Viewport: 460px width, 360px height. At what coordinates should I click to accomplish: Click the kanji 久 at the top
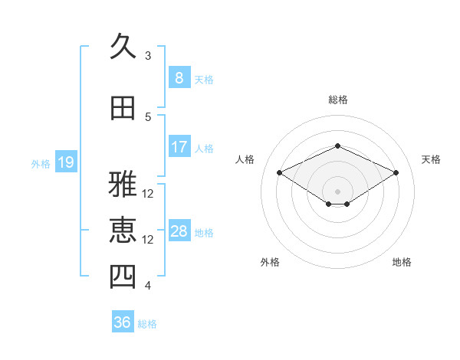tap(123, 46)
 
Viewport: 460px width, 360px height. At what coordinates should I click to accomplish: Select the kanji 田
tap(123, 108)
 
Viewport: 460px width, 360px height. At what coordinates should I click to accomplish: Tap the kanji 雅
tap(123, 184)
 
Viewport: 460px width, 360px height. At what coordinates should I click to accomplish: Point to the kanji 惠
tap(123, 230)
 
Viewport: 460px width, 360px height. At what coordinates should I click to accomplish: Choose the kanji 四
tap(123, 277)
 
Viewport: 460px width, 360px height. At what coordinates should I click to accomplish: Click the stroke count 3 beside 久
tap(148, 56)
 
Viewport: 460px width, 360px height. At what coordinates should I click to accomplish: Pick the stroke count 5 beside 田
tap(148, 117)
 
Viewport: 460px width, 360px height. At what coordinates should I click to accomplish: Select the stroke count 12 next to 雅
tap(147, 194)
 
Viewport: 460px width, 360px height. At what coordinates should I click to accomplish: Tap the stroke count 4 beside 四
tap(148, 285)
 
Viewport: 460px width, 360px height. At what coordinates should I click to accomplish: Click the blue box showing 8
tap(179, 77)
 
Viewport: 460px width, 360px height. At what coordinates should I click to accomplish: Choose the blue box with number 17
tap(179, 146)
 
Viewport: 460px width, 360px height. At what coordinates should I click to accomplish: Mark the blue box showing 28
tap(179, 230)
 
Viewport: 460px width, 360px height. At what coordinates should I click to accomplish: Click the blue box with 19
tap(66, 162)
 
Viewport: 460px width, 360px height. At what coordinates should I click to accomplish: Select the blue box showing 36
tap(123, 321)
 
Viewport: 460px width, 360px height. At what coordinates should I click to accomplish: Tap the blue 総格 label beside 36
tap(147, 324)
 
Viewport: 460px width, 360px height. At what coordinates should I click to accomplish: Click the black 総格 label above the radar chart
tap(338, 100)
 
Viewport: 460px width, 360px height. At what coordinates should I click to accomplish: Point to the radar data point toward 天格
tap(396, 172)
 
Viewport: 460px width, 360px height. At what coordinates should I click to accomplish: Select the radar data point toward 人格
tap(280, 172)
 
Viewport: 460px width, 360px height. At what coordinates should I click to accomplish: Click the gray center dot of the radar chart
tap(337, 191)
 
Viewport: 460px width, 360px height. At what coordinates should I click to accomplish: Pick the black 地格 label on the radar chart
tap(402, 262)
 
